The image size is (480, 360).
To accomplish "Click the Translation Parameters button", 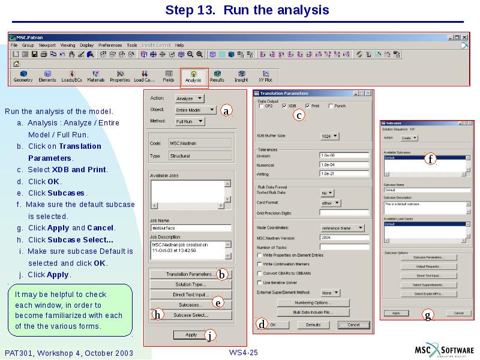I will click(188, 274).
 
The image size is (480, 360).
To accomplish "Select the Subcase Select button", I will click(191, 315).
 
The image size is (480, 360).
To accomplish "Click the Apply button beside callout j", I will click(191, 335).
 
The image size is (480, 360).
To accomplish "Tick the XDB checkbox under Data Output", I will click(285, 106).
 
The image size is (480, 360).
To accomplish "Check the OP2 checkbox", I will click(261, 106).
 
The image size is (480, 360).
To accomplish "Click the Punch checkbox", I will click(331, 106).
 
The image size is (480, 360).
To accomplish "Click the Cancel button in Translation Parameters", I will click(353, 325).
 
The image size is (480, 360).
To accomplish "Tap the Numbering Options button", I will click(313, 303).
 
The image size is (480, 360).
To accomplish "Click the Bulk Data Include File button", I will click(313, 313).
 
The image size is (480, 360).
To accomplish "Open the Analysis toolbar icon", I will click(193, 76).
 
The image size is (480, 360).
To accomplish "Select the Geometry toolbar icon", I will click(23, 76).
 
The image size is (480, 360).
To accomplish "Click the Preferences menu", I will click(110, 45).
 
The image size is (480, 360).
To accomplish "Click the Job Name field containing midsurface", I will click(191, 228).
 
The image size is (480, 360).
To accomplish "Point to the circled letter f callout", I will click(430, 159).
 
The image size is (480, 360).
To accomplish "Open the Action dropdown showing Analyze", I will click(190, 98).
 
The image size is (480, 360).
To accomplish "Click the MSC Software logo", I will click(445, 350).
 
